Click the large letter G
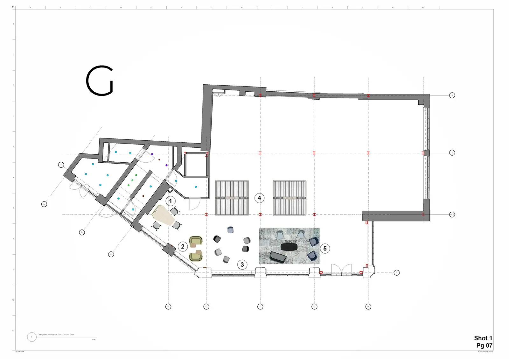tap(100, 81)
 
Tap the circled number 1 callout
tap(171, 201)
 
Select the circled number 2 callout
tap(183, 246)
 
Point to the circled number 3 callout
tap(242, 264)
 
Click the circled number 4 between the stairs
tap(259, 198)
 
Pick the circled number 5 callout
tap(325, 248)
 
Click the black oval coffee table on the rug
tap(289, 247)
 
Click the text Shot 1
tap(483, 338)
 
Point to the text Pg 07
tap(484, 345)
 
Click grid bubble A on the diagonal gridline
tap(44, 204)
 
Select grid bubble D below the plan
tap(168, 307)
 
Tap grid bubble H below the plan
tap(368, 307)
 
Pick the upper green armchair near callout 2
tap(196, 242)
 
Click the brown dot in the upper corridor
tap(159, 159)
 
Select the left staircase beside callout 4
tap(232, 198)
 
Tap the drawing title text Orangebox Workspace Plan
tap(56, 335)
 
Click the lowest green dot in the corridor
tap(129, 185)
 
